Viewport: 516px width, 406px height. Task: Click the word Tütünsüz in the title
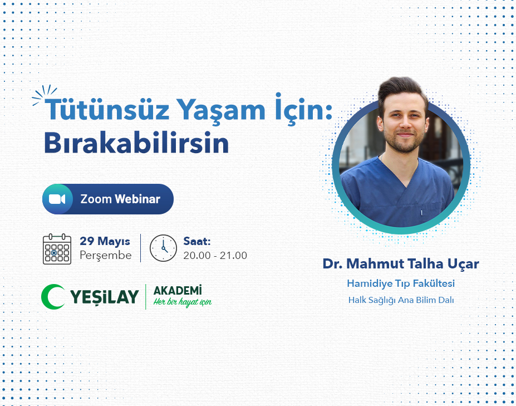(107, 109)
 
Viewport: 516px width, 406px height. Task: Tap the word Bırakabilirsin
(136, 143)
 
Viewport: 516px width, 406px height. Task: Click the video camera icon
(57, 199)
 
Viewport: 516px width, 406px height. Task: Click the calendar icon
(57, 249)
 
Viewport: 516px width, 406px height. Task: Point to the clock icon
(163, 248)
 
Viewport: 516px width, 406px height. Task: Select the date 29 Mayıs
(105, 241)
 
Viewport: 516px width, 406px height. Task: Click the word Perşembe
(106, 256)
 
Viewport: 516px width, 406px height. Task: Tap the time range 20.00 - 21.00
(215, 256)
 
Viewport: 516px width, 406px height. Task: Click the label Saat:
(197, 241)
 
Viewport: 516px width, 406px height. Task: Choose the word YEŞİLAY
(104, 297)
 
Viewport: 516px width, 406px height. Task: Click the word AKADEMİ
(178, 291)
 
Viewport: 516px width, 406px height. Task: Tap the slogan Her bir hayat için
(183, 302)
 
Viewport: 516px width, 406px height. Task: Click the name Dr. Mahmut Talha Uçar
(401, 264)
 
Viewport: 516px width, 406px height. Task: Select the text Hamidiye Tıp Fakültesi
(401, 283)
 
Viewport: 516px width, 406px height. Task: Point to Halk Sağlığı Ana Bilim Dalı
(401, 300)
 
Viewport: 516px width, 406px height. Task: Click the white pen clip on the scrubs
(421, 213)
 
